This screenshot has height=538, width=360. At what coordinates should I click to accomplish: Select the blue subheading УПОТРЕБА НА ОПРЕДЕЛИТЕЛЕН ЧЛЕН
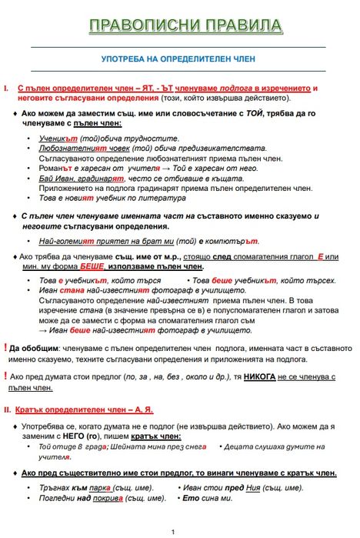(x=178, y=58)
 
